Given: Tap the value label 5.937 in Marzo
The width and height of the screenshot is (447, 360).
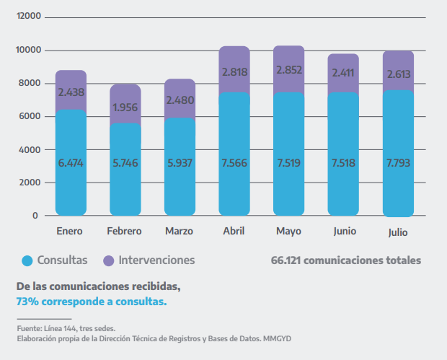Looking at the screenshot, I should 180,163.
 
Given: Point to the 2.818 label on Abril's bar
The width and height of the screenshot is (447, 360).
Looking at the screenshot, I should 234,72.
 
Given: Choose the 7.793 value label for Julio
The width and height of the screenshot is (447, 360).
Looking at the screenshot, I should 399,163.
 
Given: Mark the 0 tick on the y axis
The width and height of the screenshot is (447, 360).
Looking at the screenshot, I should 35,216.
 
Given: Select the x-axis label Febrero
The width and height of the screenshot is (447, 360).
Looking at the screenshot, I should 124,231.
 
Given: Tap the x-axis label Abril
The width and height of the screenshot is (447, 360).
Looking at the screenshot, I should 234,231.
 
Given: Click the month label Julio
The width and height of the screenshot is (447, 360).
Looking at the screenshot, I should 398,233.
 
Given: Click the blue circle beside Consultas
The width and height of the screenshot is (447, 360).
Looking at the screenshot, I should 28,260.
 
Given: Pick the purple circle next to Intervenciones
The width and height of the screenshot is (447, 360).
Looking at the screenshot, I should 109,260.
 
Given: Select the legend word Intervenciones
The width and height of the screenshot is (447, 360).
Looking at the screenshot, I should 156,260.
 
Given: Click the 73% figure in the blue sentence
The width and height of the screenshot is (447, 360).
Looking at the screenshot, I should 27,302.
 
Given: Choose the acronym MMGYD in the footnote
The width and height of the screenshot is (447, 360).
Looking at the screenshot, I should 278,338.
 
